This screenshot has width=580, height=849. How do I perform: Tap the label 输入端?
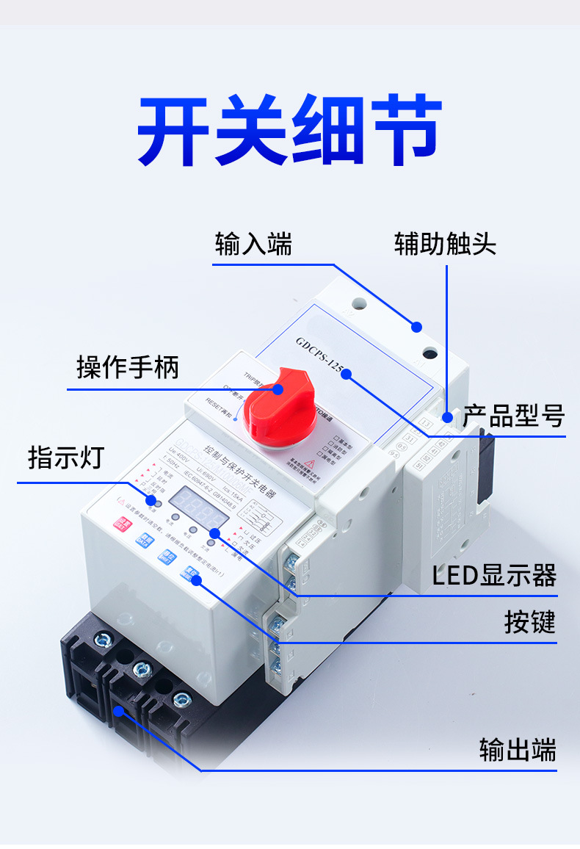[x=253, y=244]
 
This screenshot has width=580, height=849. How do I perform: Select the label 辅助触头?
[x=445, y=244]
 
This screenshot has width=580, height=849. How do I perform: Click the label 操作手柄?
[x=128, y=366]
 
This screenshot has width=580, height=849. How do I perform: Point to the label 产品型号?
[x=513, y=416]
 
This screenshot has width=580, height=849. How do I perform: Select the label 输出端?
[x=518, y=751]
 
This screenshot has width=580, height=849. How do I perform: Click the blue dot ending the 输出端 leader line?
[x=118, y=710]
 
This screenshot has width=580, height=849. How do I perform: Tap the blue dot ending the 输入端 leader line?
[x=416, y=326]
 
